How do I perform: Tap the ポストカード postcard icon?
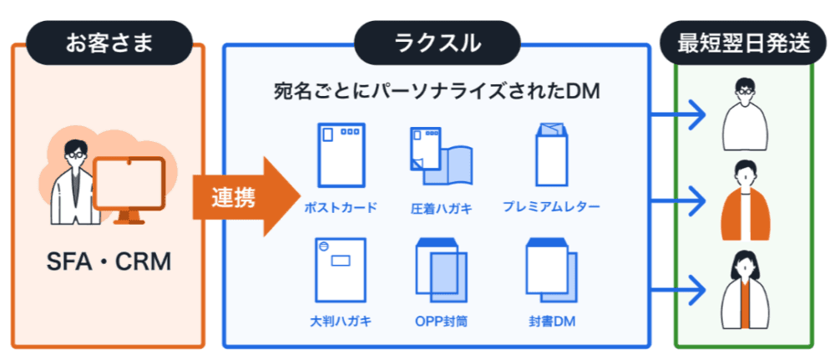coord(342,155)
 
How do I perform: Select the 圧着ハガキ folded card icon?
coord(441,160)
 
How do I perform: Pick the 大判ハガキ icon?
coord(341,271)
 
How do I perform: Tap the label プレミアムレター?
coord(551,205)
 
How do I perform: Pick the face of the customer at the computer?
coord(75,154)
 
